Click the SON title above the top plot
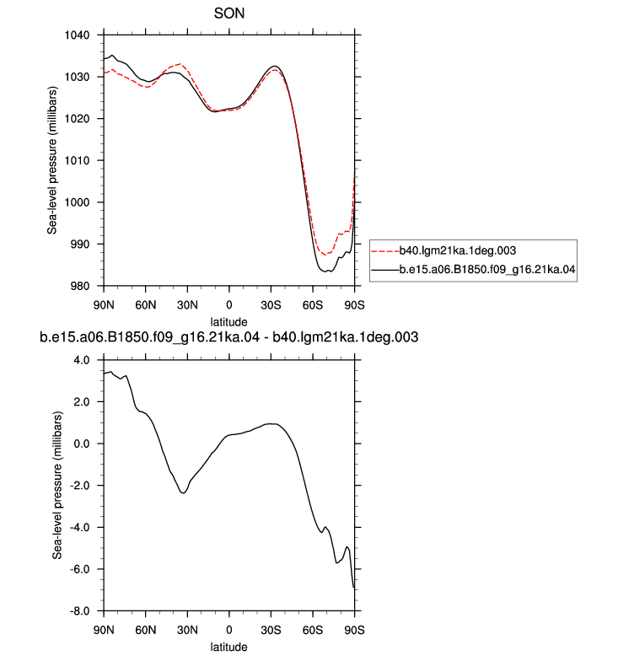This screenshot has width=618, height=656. (x=228, y=13)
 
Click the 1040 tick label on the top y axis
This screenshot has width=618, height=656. (x=77, y=35)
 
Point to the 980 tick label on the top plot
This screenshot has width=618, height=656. (x=80, y=286)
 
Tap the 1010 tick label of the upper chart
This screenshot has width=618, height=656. (x=77, y=161)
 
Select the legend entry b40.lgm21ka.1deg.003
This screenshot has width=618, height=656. (x=458, y=250)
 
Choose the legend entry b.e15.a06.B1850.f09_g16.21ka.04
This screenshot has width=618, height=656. (x=487, y=270)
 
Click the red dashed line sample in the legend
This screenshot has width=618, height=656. (x=385, y=251)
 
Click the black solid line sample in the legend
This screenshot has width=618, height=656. (x=385, y=271)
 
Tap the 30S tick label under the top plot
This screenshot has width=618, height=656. (x=271, y=305)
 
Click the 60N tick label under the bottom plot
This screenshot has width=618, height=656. (x=146, y=630)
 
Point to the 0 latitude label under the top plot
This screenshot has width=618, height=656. (x=228, y=305)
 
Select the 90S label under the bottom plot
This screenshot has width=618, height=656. (x=354, y=630)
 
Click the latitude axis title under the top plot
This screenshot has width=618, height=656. (x=228, y=322)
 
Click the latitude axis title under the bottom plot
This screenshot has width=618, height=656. (x=228, y=647)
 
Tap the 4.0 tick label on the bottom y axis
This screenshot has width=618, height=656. (x=82, y=360)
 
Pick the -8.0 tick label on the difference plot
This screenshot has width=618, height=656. (x=80, y=611)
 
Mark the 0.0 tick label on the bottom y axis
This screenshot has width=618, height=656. (x=82, y=444)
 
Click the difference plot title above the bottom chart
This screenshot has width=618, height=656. (x=228, y=337)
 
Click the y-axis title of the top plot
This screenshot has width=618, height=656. (x=52, y=161)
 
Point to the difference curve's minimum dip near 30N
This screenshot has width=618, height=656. (x=183, y=492)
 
